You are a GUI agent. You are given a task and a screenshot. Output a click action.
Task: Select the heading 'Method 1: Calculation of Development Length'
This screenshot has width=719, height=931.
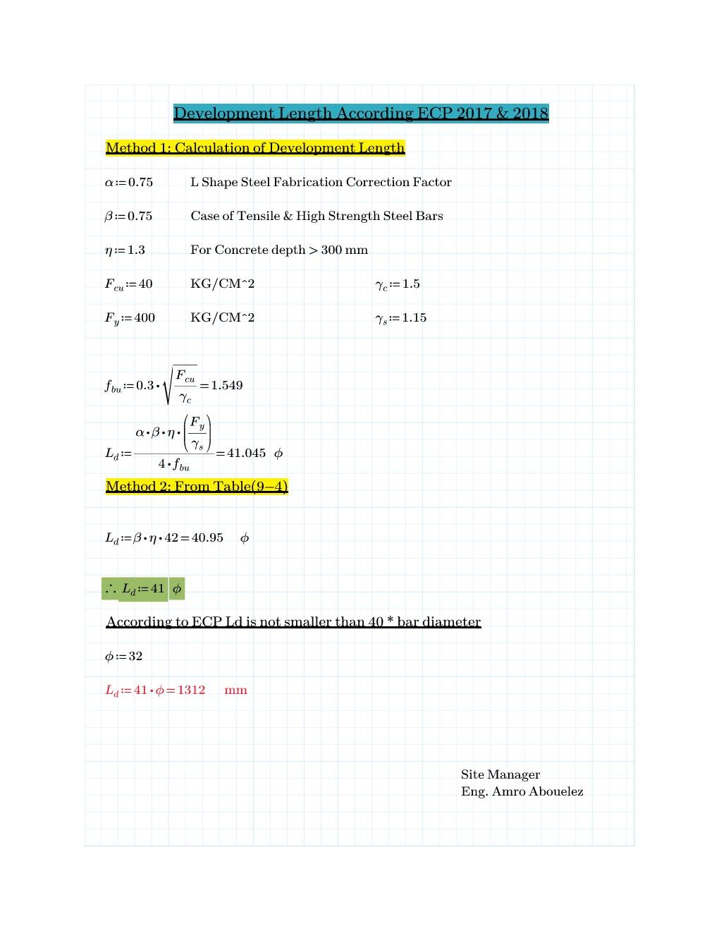coord(255,148)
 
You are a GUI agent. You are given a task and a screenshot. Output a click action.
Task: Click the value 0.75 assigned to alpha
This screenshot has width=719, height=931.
coord(140,182)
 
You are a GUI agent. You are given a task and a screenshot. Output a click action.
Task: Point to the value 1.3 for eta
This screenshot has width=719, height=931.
coord(136,250)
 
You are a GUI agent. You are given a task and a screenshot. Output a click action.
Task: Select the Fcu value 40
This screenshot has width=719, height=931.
coord(145,284)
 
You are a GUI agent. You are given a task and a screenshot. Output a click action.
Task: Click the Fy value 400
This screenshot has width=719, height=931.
coord(145,317)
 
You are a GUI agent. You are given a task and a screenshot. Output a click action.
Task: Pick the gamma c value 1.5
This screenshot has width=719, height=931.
coord(411,284)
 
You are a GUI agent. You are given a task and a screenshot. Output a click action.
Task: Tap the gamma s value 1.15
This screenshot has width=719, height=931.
coord(414,317)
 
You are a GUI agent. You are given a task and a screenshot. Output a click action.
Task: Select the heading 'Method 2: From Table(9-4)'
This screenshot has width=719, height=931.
coord(197,487)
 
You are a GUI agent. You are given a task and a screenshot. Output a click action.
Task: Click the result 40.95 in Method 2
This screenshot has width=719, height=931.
coord(207,537)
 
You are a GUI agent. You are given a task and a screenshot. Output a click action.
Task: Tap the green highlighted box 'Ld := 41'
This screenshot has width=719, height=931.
coord(142,588)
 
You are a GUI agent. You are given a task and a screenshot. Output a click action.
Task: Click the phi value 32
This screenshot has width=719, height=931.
coord(135,656)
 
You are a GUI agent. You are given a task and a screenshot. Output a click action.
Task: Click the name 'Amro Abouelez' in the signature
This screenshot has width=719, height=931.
coord(537,791)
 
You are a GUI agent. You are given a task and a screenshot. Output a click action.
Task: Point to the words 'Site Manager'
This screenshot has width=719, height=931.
coord(500,774)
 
